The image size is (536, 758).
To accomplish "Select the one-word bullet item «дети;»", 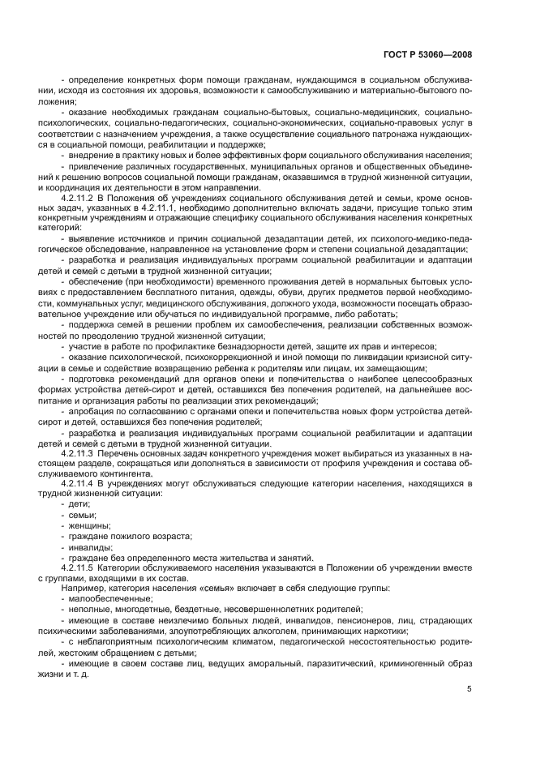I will click(x=80, y=504).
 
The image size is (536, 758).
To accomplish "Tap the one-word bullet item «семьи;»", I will click(x=84, y=515).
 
